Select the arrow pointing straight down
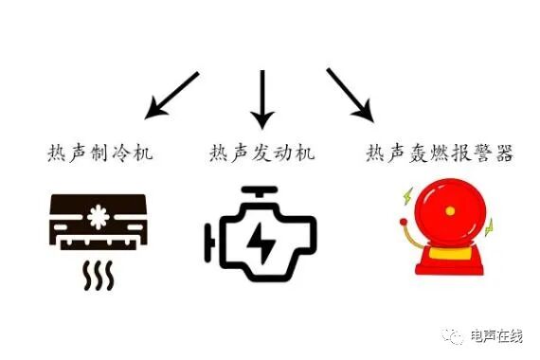click(x=261, y=99)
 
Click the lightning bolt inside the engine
click(x=259, y=241)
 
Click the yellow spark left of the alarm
click(x=405, y=198)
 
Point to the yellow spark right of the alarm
click(x=490, y=228)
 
